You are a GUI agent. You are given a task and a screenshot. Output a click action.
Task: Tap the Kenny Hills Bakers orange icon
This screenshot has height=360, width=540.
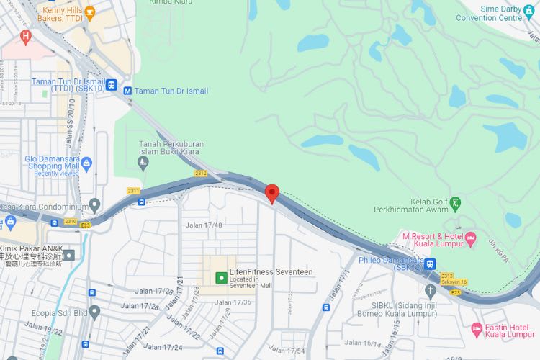90,12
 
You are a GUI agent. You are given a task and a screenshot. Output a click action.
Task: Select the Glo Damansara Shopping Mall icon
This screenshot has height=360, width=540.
87,163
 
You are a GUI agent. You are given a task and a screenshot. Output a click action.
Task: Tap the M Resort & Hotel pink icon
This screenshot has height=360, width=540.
471,237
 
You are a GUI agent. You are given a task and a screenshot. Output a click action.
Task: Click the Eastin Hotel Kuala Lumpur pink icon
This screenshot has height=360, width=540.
476,330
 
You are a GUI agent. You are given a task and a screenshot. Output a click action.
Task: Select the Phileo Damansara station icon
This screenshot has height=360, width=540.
430,264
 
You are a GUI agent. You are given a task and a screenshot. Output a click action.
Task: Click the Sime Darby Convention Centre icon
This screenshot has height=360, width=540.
529,9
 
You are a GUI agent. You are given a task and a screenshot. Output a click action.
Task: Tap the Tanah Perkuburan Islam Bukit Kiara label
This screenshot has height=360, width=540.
171,149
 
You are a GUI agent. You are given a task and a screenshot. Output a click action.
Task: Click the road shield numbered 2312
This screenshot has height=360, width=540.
201,174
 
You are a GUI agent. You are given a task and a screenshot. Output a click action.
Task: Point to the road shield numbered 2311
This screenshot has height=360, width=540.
133,190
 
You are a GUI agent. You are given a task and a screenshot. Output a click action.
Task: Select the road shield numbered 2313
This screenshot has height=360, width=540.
447,275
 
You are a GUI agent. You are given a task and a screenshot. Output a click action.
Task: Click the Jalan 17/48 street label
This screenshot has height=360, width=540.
204,225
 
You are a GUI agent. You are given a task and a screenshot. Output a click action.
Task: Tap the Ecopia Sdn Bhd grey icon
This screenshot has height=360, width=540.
94,313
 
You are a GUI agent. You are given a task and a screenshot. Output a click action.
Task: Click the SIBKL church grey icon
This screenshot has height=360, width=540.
431,291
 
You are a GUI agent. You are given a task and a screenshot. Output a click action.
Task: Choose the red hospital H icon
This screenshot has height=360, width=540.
27,35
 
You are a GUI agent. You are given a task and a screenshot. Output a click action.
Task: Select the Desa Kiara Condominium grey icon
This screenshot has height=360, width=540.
95,207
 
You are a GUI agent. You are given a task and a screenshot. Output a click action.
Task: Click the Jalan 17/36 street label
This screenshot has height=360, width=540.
233,302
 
